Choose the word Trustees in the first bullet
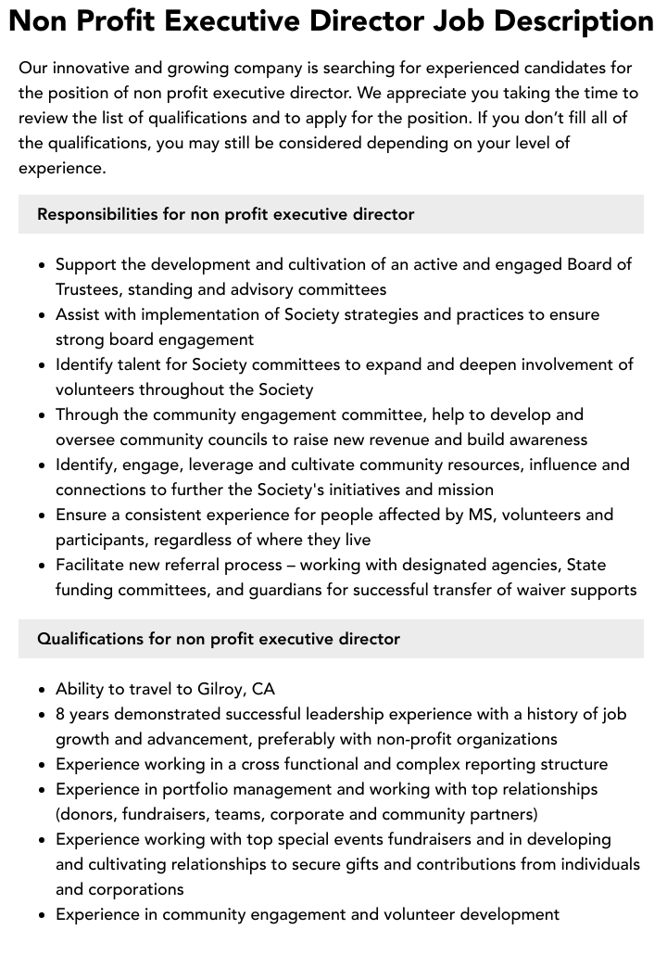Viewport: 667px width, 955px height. tap(91, 289)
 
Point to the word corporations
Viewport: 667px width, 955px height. tap(137, 889)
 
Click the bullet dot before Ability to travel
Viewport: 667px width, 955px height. tap(43, 690)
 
